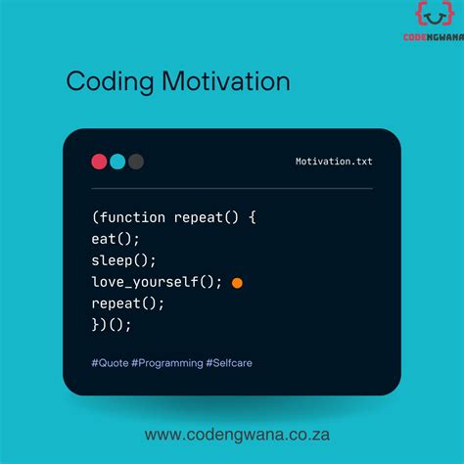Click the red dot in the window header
click(x=99, y=162)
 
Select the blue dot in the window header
click(x=117, y=162)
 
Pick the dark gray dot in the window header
click(x=136, y=162)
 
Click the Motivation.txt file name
click(x=334, y=162)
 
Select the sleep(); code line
click(x=124, y=260)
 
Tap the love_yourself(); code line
click(x=158, y=282)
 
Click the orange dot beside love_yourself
click(x=237, y=283)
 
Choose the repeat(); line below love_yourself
click(x=127, y=302)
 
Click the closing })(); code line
click(x=112, y=324)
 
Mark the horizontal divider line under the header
click(x=232, y=188)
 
